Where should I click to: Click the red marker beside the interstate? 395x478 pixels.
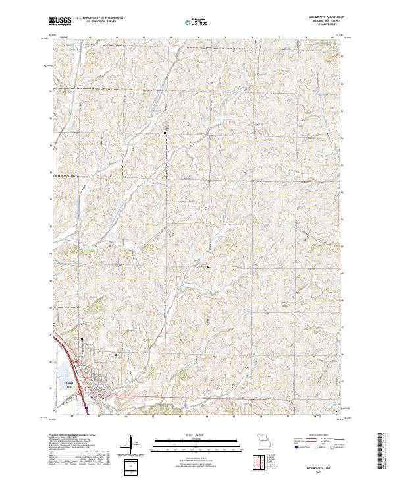76,361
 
